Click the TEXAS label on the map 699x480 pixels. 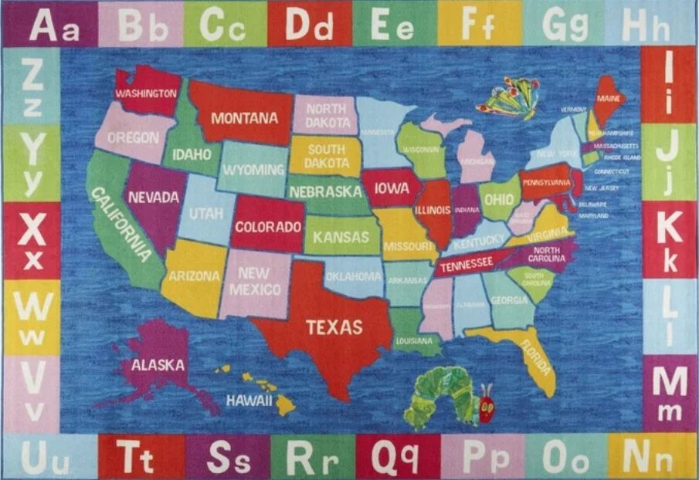point(334,327)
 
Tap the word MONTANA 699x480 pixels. point(244,119)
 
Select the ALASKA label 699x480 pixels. point(158,365)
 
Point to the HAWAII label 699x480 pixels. point(249,401)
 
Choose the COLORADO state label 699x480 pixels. point(267,227)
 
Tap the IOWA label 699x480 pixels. point(392,188)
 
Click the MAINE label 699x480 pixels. point(608,99)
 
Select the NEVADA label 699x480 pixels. point(153,197)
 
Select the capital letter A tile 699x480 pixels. point(42,25)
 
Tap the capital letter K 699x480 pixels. point(669,227)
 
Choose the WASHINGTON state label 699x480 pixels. point(146,93)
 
